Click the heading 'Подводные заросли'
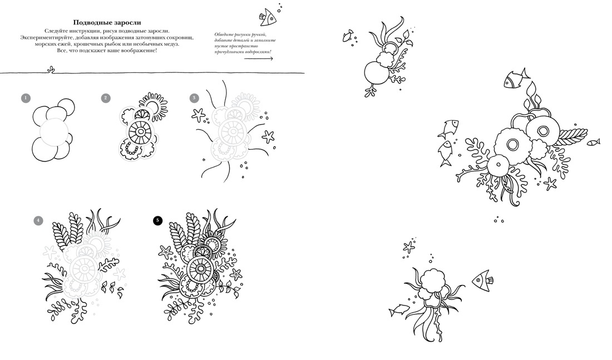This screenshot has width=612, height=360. click(107, 23)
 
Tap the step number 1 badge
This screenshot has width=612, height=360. click(26, 98)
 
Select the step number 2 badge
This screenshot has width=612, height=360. click(106, 98)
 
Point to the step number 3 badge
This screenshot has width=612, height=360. click(194, 98)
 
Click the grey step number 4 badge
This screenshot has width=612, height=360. click(38, 220)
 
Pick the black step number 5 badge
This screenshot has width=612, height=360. click(157, 220)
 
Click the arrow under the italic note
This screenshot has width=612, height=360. click(258, 58)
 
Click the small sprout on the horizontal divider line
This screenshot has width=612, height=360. click(50, 70)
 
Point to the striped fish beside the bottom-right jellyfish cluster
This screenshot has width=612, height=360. click(482, 280)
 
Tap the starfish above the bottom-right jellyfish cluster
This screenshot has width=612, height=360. click(409, 246)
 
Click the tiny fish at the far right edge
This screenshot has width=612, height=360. click(593, 142)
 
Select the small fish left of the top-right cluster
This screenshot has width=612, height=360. click(348, 36)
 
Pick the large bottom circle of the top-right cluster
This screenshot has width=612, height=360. click(377, 73)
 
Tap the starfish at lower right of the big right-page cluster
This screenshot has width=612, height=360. click(550, 184)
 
